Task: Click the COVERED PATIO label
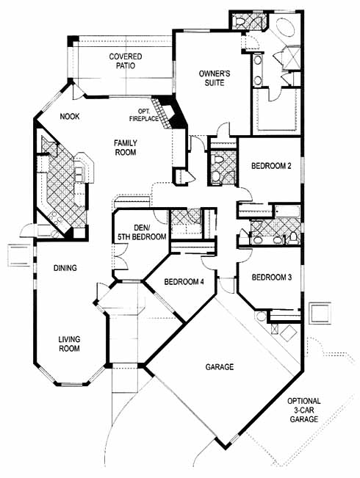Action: click(126, 61)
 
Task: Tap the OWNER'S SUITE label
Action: click(215, 78)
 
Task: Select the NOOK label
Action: click(70, 116)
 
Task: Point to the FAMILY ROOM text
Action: click(126, 148)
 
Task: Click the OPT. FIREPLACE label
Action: click(144, 115)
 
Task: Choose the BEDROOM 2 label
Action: click(271, 166)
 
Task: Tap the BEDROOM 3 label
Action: click(272, 278)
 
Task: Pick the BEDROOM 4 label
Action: click(184, 282)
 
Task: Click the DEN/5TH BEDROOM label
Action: click(142, 232)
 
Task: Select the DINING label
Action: click(65, 268)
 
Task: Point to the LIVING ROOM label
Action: click(69, 344)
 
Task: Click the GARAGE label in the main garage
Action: click(220, 366)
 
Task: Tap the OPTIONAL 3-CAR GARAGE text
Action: click(304, 410)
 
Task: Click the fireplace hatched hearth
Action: click(160, 113)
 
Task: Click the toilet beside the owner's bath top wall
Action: click(239, 22)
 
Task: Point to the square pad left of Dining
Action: click(19, 256)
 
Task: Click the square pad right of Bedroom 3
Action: click(320, 313)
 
